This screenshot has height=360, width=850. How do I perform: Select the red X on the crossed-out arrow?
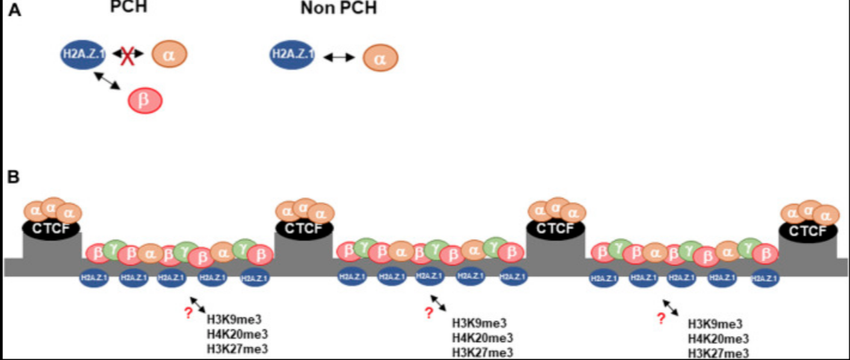(128, 54)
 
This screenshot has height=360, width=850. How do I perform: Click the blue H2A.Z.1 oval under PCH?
(84, 54)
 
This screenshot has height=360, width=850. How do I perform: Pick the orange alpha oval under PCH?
(169, 54)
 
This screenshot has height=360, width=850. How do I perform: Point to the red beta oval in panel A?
(145, 100)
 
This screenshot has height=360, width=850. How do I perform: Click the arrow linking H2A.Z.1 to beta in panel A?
(108, 81)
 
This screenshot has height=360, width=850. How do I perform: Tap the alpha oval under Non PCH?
(380, 58)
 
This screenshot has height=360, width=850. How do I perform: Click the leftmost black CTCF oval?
(52, 227)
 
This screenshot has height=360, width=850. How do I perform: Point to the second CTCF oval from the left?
(304, 228)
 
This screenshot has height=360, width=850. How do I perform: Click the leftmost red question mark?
(187, 313)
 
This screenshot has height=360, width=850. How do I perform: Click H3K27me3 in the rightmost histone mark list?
(718, 353)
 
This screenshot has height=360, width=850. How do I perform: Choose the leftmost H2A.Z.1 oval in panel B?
(95, 278)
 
